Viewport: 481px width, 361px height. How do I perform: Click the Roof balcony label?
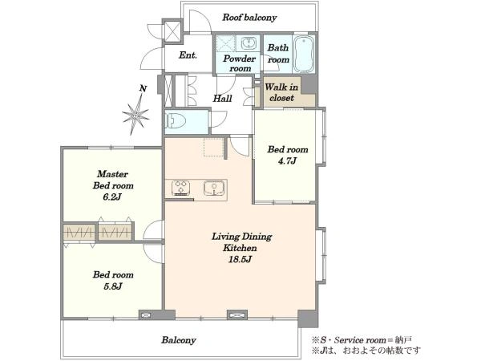[x=249, y=18]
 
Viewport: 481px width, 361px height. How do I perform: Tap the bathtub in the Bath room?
[x=304, y=54]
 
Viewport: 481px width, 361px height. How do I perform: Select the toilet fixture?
[x=175, y=120]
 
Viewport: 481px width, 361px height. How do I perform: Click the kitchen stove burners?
[x=181, y=188]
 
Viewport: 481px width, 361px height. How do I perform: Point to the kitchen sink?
[x=214, y=188]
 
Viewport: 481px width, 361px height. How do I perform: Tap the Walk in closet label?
[x=281, y=92]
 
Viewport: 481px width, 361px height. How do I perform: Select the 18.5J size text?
[x=240, y=259]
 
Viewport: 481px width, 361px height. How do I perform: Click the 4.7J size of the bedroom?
[x=287, y=160]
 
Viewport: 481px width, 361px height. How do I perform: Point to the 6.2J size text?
[x=112, y=197]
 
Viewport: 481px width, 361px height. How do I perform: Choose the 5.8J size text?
[x=113, y=286]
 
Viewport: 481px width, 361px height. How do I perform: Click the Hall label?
[x=222, y=99]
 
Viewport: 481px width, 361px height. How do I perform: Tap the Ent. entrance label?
[x=188, y=55]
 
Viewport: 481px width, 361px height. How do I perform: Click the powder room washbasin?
[x=248, y=43]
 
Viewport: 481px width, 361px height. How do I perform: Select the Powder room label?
[x=239, y=63]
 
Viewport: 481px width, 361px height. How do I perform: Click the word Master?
[x=112, y=174]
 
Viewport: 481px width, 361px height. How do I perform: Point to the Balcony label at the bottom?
[x=179, y=340]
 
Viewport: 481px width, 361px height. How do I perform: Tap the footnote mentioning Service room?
[x=362, y=340]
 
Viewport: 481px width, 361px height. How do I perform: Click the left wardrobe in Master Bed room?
[x=80, y=232]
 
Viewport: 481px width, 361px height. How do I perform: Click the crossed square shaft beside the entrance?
[x=172, y=30]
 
